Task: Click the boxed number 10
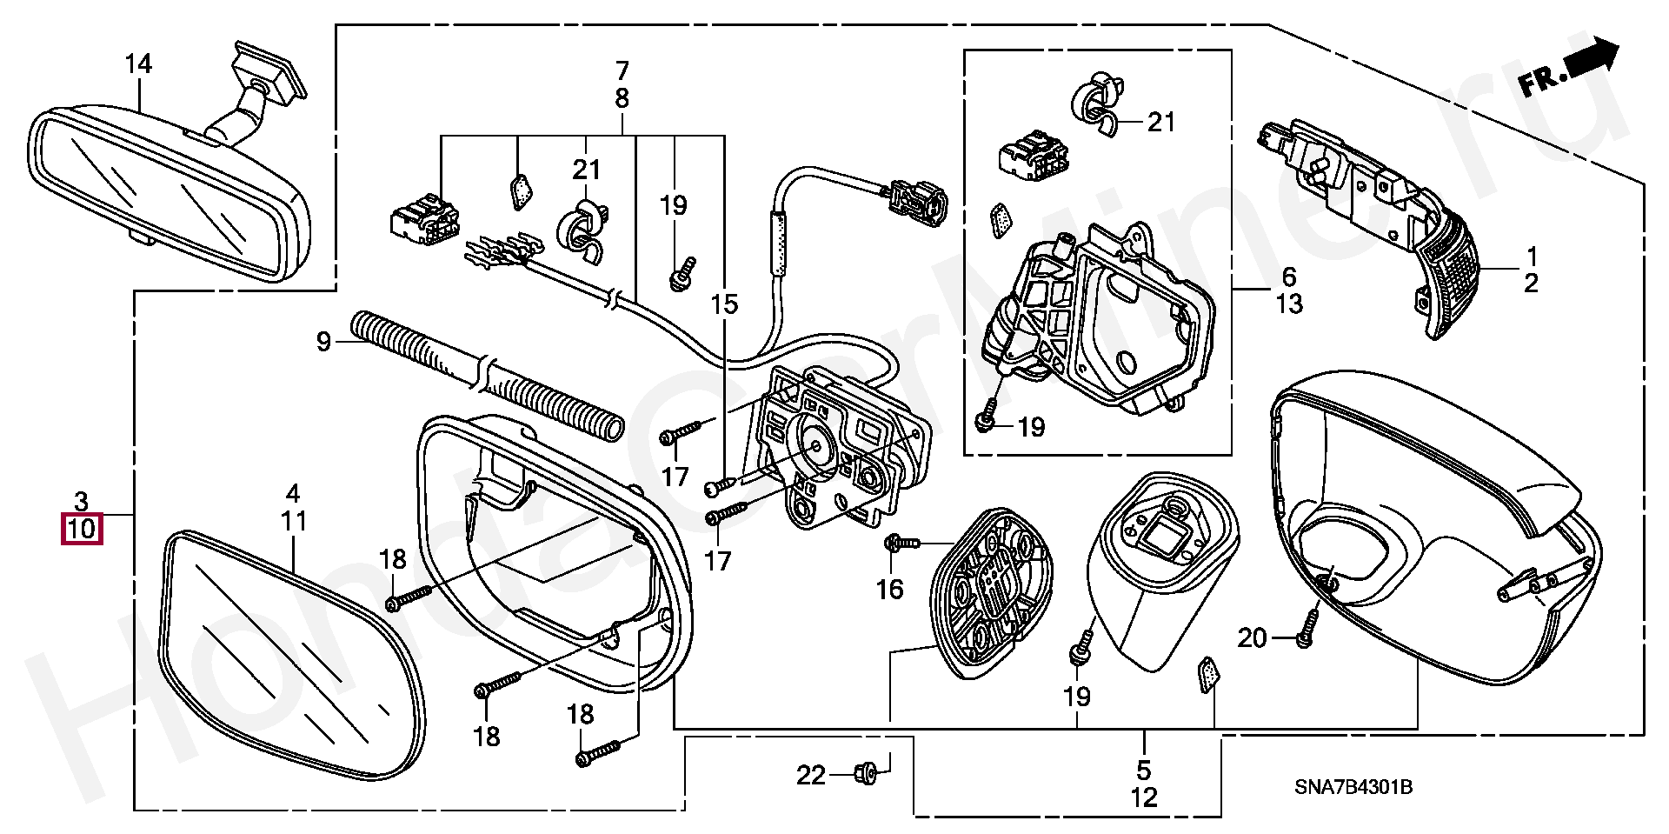point(81,529)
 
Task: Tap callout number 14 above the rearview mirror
point(137,64)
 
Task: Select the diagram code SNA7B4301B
point(1353,788)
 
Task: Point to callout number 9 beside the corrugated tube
point(323,342)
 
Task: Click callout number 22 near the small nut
point(811,775)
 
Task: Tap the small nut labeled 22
point(865,771)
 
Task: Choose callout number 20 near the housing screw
point(1252,638)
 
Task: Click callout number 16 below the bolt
point(889,590)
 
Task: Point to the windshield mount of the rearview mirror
point(269,70)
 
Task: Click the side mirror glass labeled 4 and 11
point(287,661)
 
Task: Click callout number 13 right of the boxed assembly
point(1289,304)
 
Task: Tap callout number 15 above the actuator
point(723,304)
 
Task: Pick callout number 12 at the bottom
point(1144,797)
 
